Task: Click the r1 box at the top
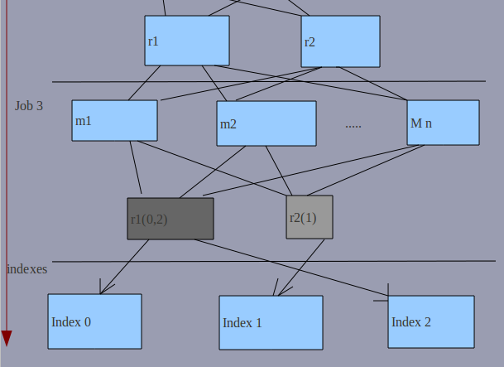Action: pos(186,41)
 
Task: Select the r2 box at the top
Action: pos(340,41)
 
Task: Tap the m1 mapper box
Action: pos(114,120)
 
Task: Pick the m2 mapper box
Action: pos(266,123)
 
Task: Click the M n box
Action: pos(443,122)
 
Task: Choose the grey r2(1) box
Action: pos(310,217)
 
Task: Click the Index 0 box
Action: pos(94,321)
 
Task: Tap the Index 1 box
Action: pos(271,322)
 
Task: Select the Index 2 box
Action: pos(431,321)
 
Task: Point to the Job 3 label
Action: pos(29,106)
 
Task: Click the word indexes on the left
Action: pos(26,269)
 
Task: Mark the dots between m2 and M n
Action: pos(353,126)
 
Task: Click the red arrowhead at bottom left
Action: pos(7,337)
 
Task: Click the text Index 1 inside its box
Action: pos(242,323)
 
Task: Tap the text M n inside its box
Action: pos(421,123)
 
